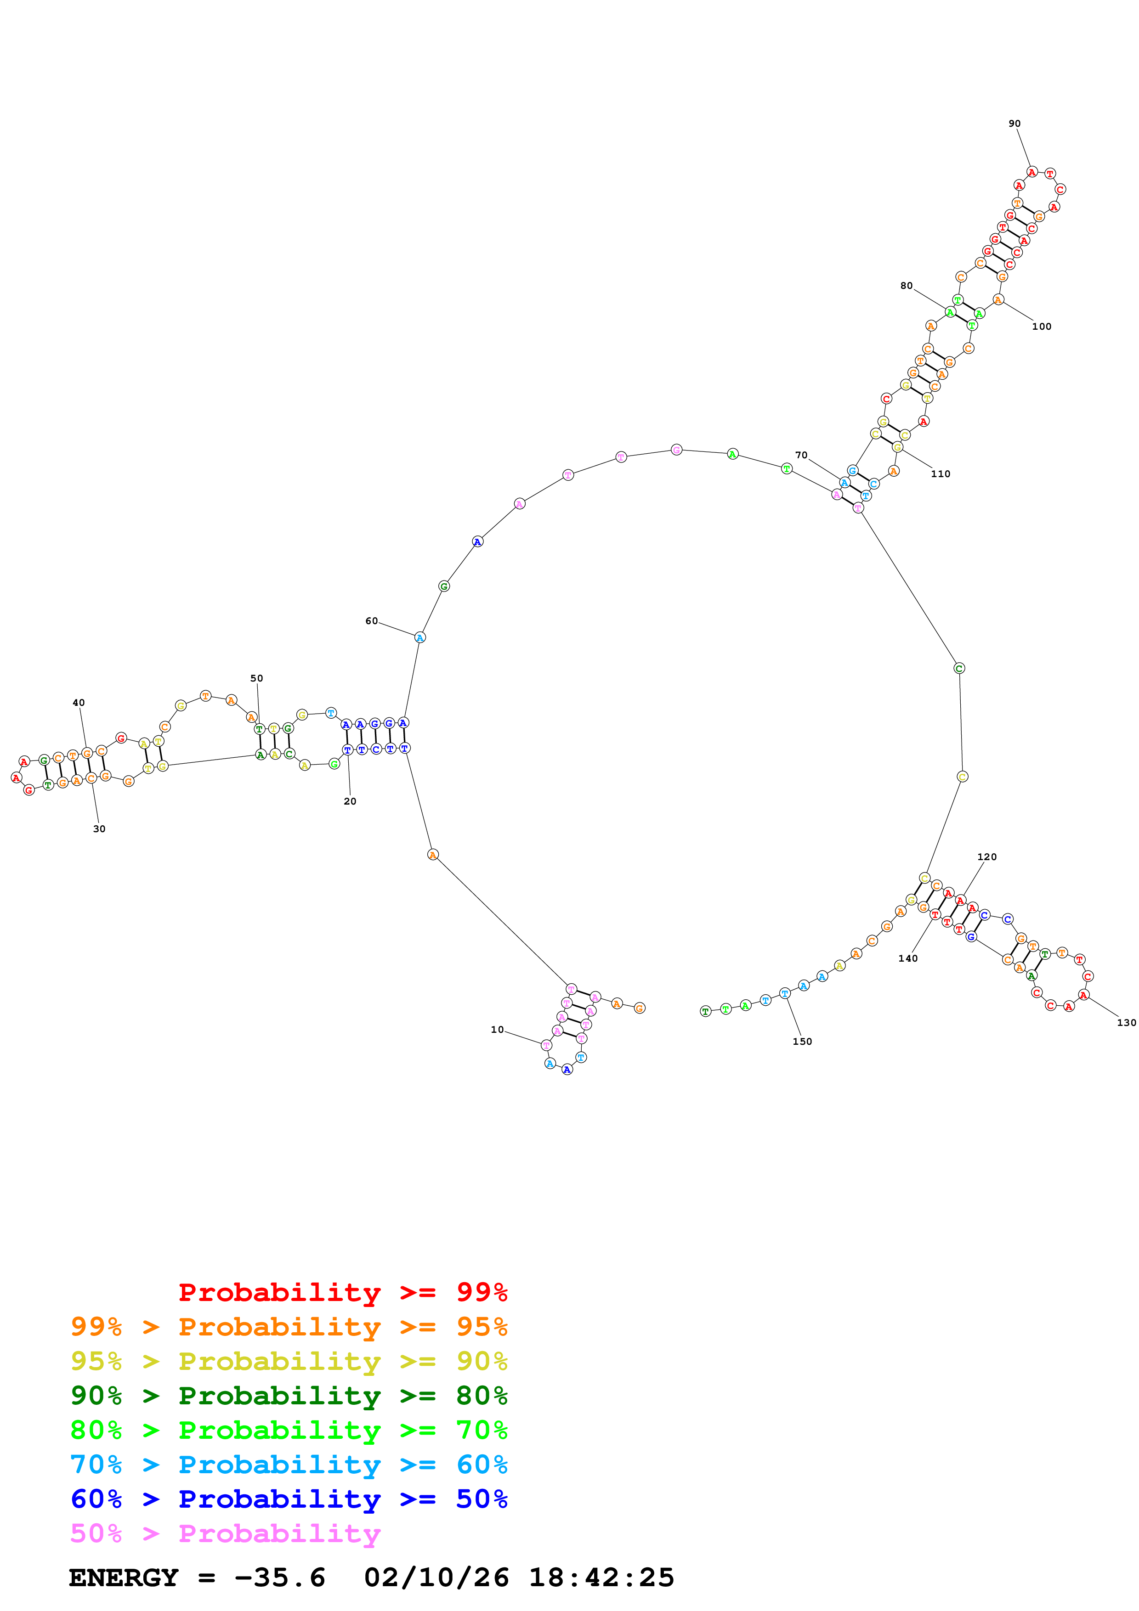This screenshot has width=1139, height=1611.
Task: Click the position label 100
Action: [1042, 326]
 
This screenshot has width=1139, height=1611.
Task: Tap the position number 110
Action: [941, 473]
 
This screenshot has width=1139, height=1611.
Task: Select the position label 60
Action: [371, 621]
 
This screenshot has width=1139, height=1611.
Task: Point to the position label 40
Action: [79, 702]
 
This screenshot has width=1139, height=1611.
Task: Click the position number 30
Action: [99, 828]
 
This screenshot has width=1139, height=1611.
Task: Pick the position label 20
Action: [350, 801]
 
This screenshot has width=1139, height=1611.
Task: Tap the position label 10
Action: [497, 1029]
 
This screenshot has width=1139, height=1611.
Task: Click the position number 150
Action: [802, 1041]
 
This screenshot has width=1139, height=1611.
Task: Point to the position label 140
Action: [907, 958]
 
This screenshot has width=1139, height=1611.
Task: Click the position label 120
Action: [987, 857]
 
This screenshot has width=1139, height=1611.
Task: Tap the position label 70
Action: [801, 456]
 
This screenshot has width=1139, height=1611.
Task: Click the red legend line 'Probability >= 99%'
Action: [342, 1292]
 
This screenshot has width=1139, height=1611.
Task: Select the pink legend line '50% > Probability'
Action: [225, 1533]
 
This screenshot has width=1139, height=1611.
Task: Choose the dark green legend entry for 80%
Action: [289, 1396]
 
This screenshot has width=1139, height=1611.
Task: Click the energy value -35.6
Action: [279, 1577]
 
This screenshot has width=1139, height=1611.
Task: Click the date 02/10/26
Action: [436, 1577]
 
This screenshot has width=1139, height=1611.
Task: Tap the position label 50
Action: [256, 678]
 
